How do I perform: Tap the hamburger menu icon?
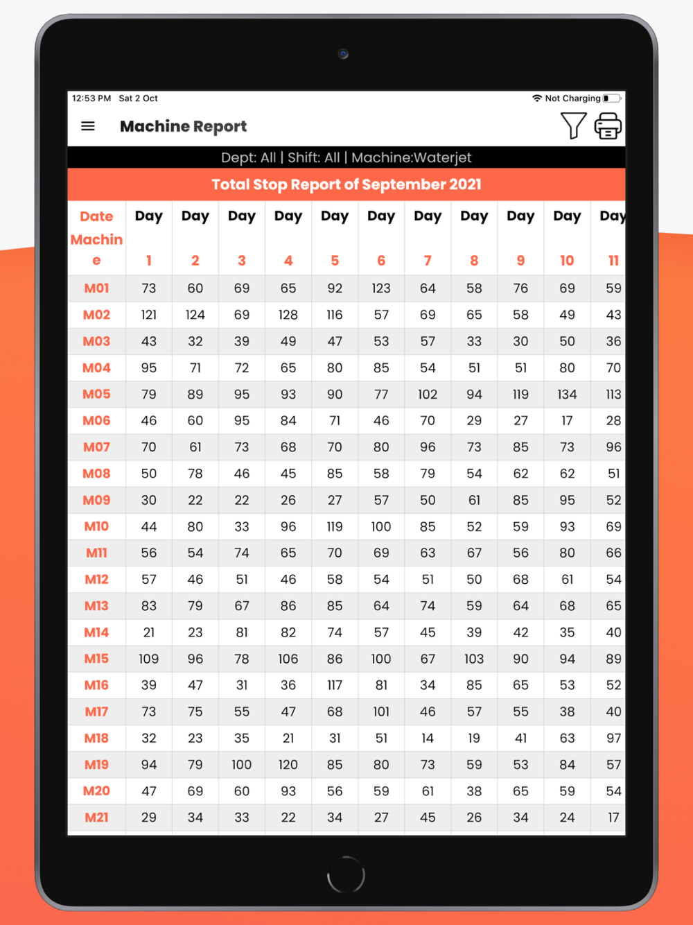pos(88,126)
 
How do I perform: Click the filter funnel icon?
pos(573,126)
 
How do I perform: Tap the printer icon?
pos(608,126)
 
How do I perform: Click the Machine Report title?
pos(183,126)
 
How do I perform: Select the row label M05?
pos(96,394)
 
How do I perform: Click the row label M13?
pos(96,606)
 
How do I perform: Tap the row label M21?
pos(96,818)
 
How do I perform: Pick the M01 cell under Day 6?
pos(381,288)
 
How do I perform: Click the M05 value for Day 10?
pos(567,395)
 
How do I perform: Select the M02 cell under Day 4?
pos(288,315)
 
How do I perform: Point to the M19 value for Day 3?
pos(242,765)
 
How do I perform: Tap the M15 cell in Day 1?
pos(149,659)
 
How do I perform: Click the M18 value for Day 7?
pos(428,738)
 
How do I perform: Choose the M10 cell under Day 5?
pos(335,527)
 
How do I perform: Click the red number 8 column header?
pos(474,261)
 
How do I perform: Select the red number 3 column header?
pos(242,261)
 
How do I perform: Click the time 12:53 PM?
pos(91,98)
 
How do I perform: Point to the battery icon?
pos(611,98)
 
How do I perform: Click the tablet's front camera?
pos(343,53)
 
